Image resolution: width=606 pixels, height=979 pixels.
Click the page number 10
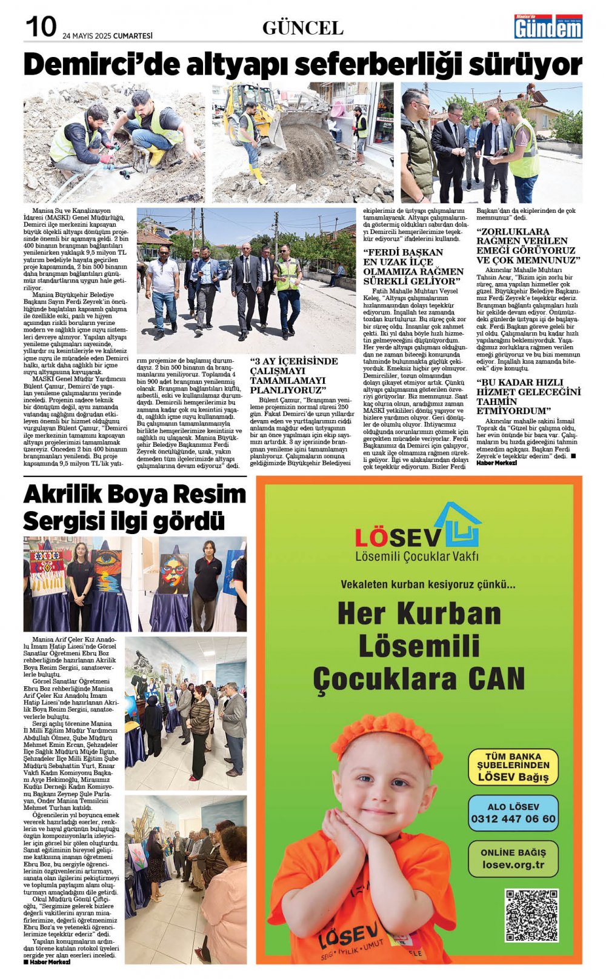point(41,27)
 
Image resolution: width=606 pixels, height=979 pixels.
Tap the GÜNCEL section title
point(302,28)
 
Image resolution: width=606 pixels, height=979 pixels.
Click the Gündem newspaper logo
point(548,27)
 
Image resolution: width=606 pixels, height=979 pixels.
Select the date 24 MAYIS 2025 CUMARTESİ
point(108,36)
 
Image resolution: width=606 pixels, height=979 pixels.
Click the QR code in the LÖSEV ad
point(531,915)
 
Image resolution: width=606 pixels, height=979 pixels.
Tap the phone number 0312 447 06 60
point(513,819)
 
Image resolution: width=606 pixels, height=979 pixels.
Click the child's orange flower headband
point(385,737)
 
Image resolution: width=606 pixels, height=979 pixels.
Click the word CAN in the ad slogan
point(495,678)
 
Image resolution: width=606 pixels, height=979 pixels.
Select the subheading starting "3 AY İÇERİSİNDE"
point(293,376)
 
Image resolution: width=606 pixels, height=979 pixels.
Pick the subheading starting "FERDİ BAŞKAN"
point(413,267)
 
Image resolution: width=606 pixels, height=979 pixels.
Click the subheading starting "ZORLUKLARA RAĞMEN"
point(528,246)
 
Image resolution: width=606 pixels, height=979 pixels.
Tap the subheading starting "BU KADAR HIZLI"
point(528,396)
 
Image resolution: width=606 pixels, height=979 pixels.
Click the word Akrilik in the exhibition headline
point(67,495)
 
